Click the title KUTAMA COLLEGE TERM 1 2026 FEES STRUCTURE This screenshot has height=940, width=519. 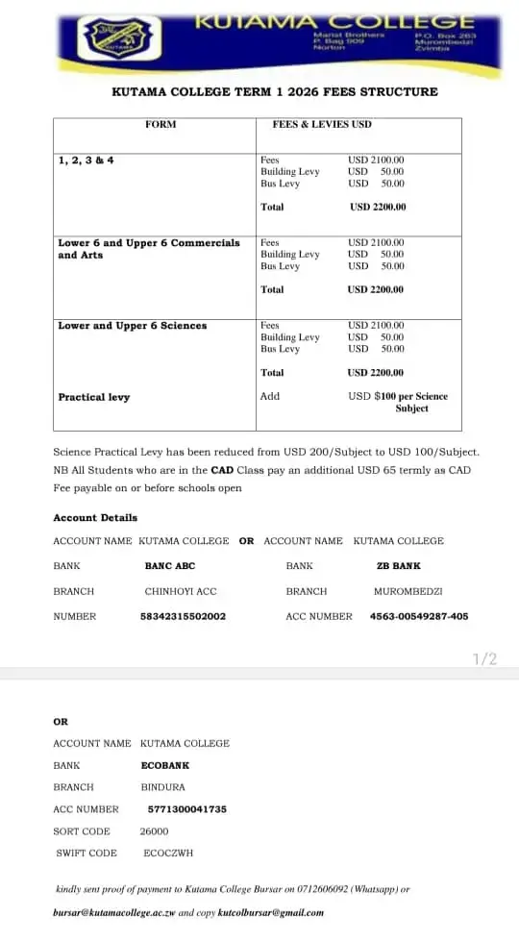tap(275, 92)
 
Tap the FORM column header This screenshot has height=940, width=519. tap(161, 124)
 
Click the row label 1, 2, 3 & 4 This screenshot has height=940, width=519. tap(86, 161)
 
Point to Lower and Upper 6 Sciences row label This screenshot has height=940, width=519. tap(133, 326)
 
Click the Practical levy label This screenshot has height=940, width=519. tap(94, 397)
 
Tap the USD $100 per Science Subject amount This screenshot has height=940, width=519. tap(398, 402)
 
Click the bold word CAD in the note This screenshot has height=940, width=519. tap(223, 470)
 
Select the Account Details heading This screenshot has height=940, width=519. tap(95, 517)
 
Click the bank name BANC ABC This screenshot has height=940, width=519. tap(170, 566)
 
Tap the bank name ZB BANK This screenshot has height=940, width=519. tap(399, 566)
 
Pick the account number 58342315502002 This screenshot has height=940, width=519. tap(184, 616)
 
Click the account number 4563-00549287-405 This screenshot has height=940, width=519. tap(419, 616)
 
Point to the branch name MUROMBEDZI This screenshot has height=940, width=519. tap(408, 591)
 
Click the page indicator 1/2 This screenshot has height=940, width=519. tap(485, 658)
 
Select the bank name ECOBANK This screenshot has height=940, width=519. tap(165, 765)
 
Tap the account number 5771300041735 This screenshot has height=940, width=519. tap(187, 809)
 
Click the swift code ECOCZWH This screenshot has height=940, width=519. tap(168, 853)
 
